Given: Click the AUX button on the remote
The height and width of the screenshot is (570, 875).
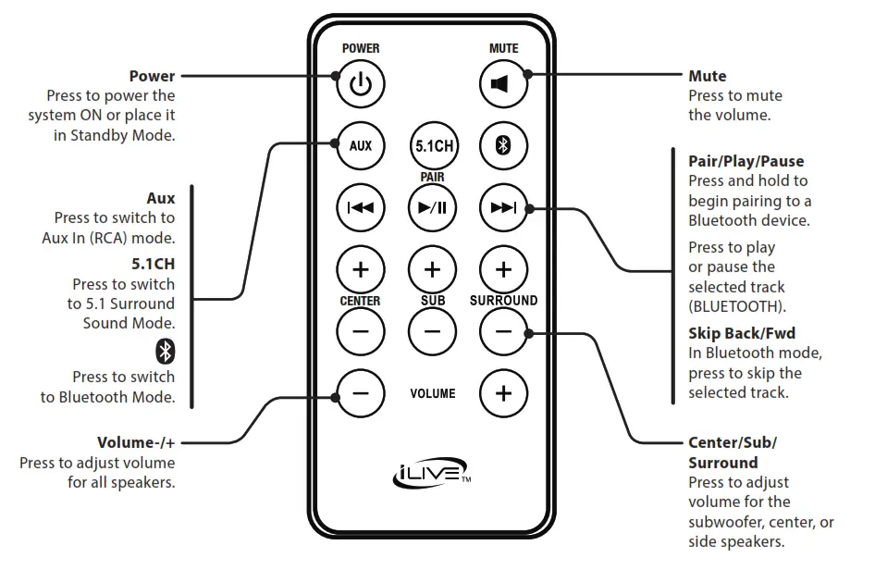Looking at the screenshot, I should pos(360,146).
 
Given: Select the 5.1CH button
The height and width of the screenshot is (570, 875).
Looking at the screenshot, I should pos(432,146).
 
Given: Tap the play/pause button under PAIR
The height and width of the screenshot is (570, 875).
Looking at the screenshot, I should pos(432,207).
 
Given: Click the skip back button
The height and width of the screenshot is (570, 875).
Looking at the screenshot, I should pos(360,207).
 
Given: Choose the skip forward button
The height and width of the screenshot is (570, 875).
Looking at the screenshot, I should pos(502,207).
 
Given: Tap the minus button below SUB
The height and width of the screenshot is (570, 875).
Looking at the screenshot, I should pos(432,331).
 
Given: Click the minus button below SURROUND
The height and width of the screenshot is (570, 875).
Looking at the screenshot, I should pos(502,331).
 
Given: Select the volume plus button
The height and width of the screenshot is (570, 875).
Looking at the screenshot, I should pos(502,393).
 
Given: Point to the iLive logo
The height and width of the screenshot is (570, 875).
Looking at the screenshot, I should pos(431,477).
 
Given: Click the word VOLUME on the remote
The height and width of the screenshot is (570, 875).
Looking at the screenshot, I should pos(433,394).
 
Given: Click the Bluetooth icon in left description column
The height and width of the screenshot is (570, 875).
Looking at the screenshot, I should pos(165,352).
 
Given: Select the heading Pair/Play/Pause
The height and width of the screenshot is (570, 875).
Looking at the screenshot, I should pos(746,161).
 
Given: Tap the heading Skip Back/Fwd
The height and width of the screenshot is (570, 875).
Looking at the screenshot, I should pos(741,333).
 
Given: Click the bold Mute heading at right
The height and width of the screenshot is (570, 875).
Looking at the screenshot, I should pos(707,76).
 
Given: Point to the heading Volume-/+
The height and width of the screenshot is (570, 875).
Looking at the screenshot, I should pos(136,442).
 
